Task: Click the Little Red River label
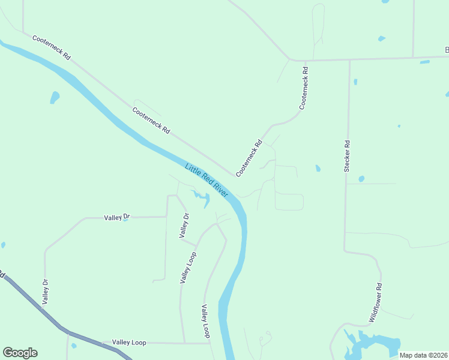tap(207, 181)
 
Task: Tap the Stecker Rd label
tap(347, 157)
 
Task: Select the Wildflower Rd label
tap(375, 303)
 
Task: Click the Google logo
tap(20, 353)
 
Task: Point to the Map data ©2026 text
tap(424, 355)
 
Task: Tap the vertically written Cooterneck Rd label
tap(304, 88)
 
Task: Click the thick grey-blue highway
tap(66, 331)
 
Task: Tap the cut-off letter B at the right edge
tap(446, 50)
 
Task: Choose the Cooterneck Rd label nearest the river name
tap(249, 158)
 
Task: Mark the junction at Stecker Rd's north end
tap(349, 59)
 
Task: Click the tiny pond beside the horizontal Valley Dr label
tap(125, 219)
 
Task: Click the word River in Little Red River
tap(219, 190)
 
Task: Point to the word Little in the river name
tap(192, 170)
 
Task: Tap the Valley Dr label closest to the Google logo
tap(45, 290)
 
